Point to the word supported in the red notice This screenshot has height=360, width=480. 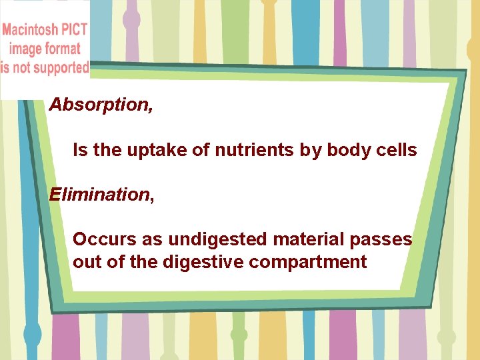(x=57, y=67)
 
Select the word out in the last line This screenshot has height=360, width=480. (x=85, y=262)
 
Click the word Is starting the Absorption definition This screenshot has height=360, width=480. (x=80, y=151)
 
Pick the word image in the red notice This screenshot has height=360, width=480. (x=25, y=49)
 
